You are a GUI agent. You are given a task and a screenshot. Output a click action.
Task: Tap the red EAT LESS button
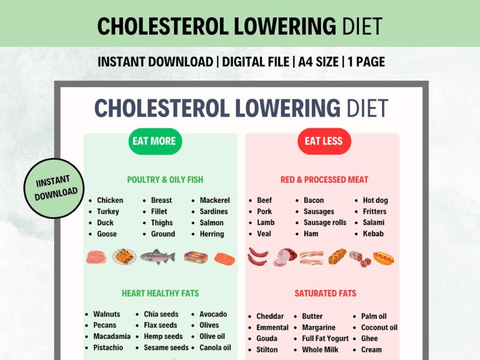click(x=324, y=141)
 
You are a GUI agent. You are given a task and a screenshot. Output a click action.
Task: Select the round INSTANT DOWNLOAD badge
click(x=54, y=188)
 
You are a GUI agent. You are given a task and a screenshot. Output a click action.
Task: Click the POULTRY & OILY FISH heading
click(x=165, y=180)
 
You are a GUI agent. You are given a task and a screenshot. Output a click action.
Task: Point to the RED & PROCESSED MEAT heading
click(x=324, y=180)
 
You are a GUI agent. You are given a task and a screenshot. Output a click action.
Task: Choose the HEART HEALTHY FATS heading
click(x=160, y=293)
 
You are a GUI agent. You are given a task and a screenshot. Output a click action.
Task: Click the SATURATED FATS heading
click(x=325, y=293)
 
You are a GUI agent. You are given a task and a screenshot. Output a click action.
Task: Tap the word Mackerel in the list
click(x=214, y=200)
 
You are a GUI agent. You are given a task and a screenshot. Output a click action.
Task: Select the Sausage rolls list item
click(x=324, y=223)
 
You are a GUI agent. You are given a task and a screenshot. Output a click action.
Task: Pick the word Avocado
click(x=213, y=314)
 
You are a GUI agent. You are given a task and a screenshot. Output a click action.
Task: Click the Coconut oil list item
click(x=379, y=328)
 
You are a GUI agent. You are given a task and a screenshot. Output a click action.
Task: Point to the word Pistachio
click(x=108, y=348)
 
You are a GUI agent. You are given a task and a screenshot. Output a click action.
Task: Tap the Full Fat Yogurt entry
click(x=325, y=339)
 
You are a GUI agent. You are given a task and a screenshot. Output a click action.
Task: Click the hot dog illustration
click(x=383, y=258)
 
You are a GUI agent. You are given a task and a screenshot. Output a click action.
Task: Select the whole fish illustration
click(x=157, y=256)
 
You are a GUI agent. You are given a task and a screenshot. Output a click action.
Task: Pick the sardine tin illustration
click(x=196, y=257)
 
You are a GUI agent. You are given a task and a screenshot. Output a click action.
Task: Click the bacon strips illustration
click(x=312, y=258)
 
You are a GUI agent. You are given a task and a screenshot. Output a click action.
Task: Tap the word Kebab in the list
click(x=373, y=234)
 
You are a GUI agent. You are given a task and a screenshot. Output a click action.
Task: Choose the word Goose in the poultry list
click(x=107, y=234)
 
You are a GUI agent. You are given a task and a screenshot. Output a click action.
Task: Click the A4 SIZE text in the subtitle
click(x=318, y=62)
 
